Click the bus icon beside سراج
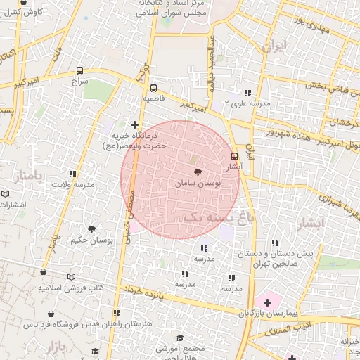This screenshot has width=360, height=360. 79,71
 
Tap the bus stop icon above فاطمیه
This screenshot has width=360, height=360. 153,88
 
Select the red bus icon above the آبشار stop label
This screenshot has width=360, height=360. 235,157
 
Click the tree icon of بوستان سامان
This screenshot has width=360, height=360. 196,172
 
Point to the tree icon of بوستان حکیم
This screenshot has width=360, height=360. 92,229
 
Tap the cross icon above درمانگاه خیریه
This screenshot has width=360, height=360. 135,124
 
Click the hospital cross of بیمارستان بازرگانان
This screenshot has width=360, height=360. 267,302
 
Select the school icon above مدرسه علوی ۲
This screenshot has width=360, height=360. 247,93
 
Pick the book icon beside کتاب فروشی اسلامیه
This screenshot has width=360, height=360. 70,278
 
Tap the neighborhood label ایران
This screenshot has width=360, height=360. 274,47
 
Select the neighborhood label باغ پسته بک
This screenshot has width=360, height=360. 221,219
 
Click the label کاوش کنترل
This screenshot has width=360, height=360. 29,13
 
